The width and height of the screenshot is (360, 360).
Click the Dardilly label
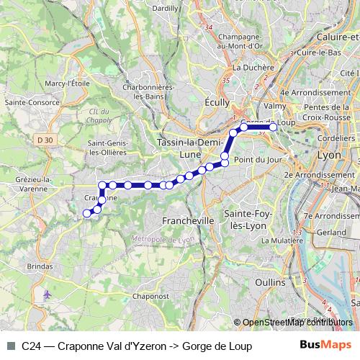pos(166,8)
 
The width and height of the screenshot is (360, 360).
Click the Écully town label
pos(217,102)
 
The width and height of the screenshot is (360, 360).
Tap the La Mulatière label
pos(285,241)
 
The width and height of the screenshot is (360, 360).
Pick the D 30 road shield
pos(45,139)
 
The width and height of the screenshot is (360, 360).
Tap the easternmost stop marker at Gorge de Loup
pos(273,127)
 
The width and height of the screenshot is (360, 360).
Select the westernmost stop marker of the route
pos(87,213)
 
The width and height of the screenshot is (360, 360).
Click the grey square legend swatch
pos(11,346)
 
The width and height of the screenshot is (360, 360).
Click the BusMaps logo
pos(327,346)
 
